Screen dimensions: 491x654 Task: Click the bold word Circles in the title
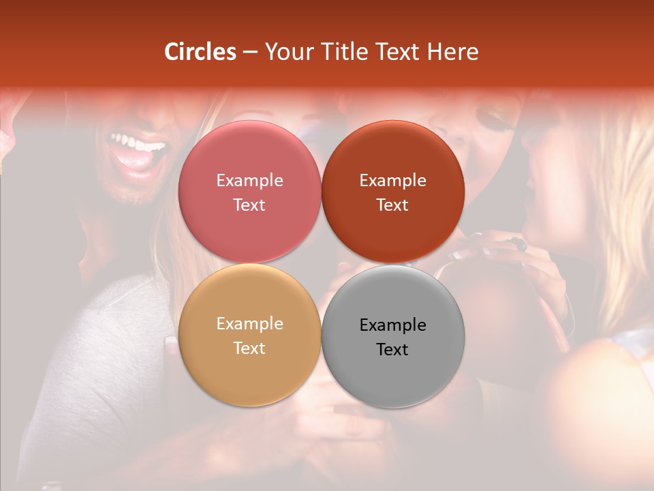[200, 52]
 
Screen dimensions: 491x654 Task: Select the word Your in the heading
[287, 52]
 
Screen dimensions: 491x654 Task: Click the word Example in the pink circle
[249, 180]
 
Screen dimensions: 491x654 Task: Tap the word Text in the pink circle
[249, 205]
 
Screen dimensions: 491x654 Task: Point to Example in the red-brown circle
[392, 180]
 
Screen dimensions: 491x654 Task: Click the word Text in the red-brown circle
[392, 205]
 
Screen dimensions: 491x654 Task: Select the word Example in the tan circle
[249, 323]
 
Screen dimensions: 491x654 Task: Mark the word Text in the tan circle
[249, 348]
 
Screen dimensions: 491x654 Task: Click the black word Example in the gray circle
[392, 325]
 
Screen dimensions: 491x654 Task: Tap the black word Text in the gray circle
[392, 349]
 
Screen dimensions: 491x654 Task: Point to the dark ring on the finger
[519, 243]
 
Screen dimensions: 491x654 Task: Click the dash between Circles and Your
[250, 53]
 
